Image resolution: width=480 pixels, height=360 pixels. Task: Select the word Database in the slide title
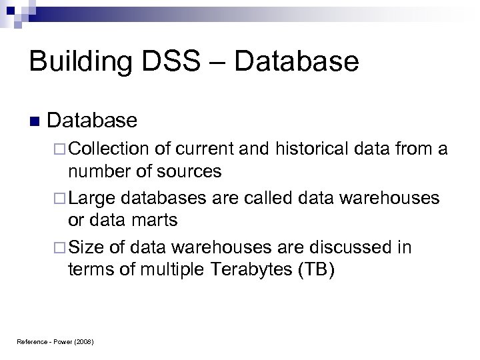(297, 62)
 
